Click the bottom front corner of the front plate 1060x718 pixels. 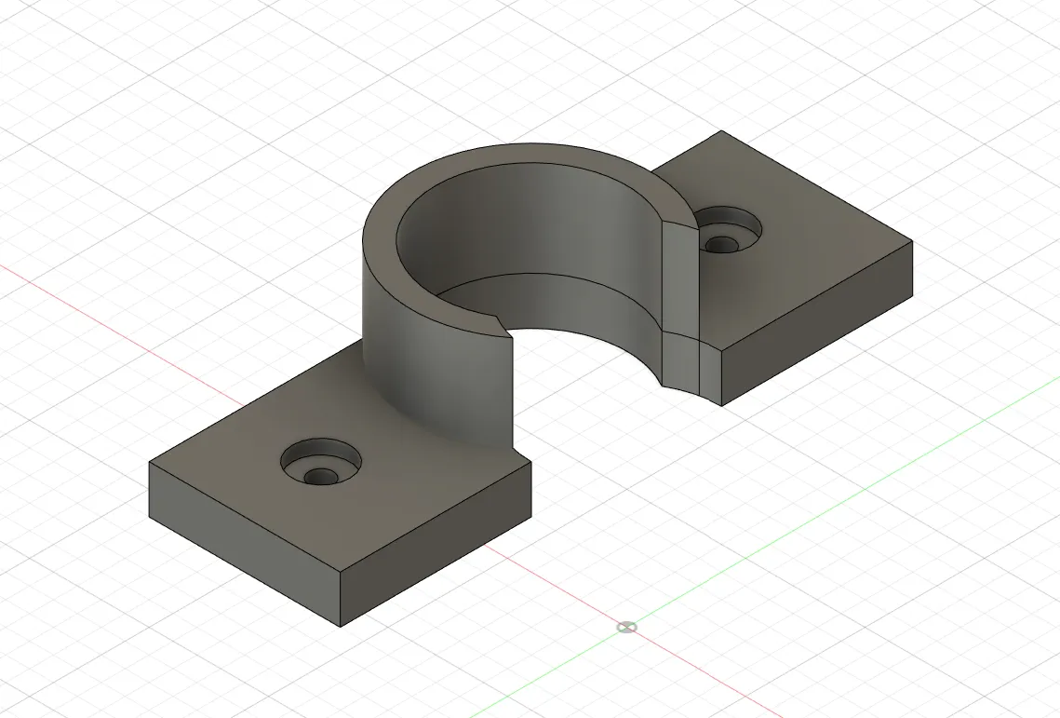tap(341, 626)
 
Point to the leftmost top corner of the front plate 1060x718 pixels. tap(150, 462)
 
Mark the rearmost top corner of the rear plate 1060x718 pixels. tap(722, 131)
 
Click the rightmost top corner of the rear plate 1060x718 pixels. tap(911, 242)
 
